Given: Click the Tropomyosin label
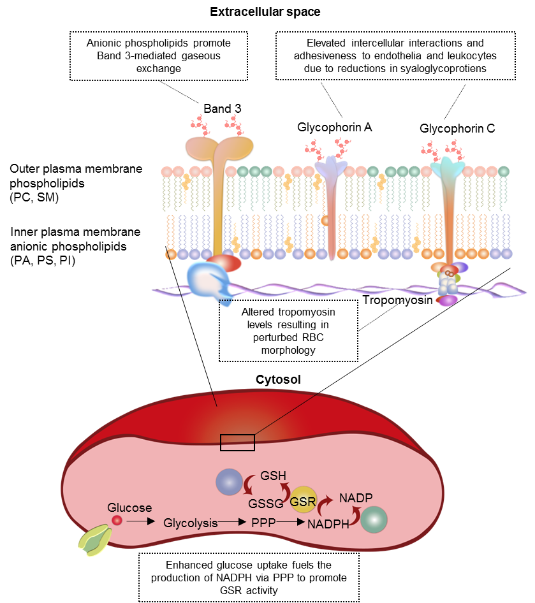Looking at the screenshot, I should tap(389, 299).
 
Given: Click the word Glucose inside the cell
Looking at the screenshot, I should tap(129, 508).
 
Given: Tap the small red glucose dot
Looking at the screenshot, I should tap(117, 521).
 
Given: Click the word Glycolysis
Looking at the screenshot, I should tap(190, 523).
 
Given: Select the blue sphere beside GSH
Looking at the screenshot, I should tap(228, 481).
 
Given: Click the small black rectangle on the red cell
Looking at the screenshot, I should tap(237, 442).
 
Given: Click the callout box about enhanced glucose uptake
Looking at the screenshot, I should tap(249, 577).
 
